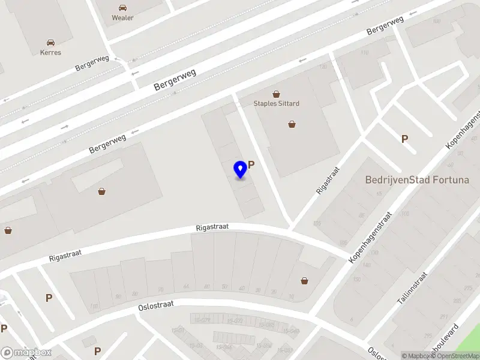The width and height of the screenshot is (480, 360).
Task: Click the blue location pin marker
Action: tap(241, 169)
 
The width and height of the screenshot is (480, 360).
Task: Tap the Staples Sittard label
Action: tap(276, 103)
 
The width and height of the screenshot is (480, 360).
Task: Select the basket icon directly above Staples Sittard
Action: tap(276, 94)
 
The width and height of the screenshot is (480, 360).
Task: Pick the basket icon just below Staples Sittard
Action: tap(292, 124)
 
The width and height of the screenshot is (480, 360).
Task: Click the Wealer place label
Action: tap(122, 17)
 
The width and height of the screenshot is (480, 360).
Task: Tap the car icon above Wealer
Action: tap(122, 8)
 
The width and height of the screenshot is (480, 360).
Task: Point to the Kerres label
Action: tap(50, 52)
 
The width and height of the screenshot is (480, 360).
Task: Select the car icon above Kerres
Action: tap(50, 43)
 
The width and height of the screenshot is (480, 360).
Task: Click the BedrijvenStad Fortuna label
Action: tap(416, 179)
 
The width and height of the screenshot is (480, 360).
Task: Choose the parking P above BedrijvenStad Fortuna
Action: tap(404, 139)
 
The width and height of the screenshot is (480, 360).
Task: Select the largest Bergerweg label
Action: tap(175, 78)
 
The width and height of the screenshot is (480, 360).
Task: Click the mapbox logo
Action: tap(26, 352)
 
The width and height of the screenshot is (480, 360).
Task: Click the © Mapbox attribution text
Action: tap(416, 356)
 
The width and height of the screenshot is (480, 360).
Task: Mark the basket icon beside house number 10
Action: tap(305, 281)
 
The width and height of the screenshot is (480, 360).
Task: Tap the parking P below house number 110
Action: tap(49, 298)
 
